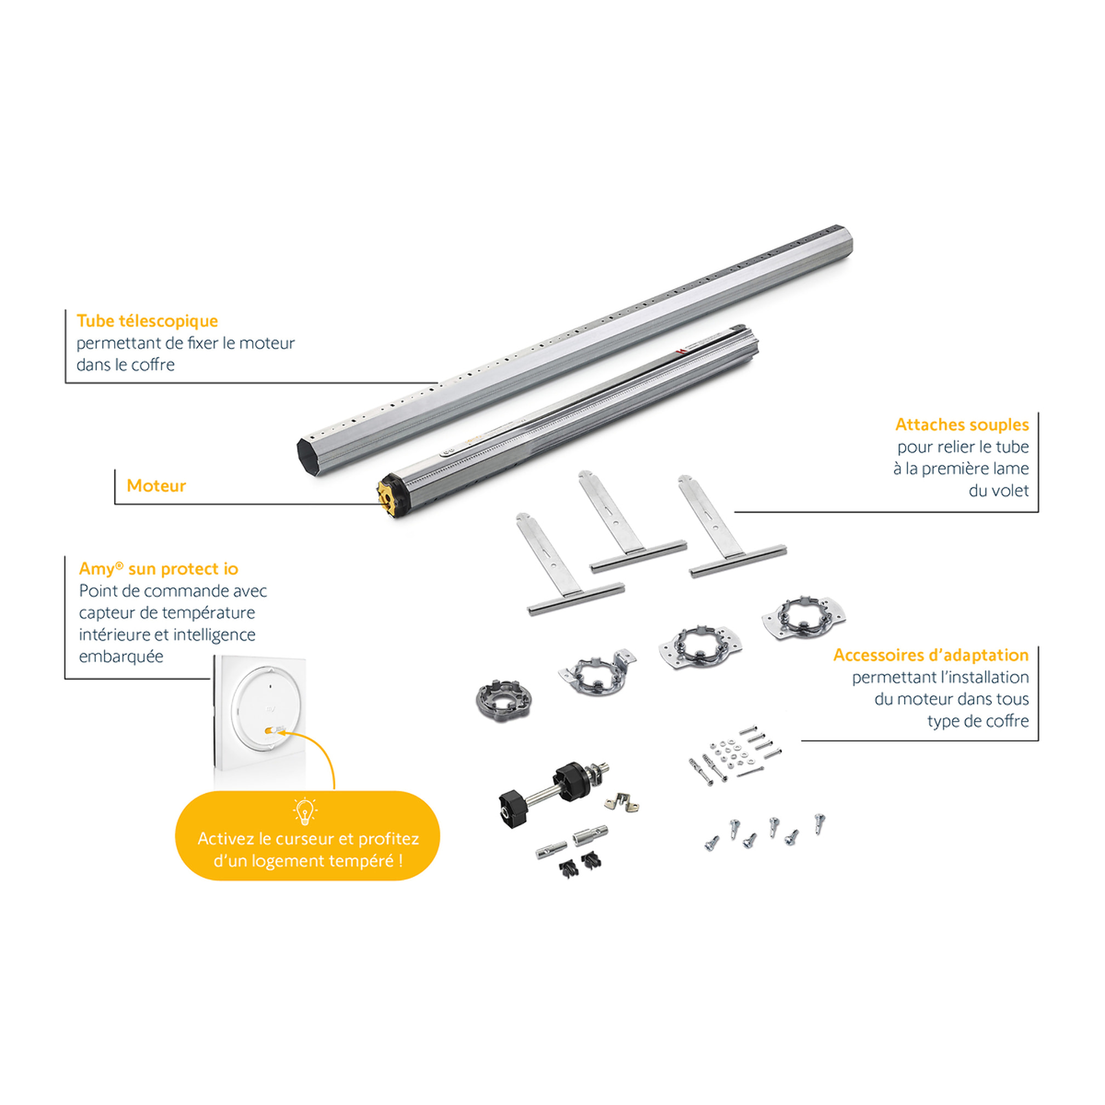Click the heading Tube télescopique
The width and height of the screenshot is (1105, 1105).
147,321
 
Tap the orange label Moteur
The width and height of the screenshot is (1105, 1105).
156,486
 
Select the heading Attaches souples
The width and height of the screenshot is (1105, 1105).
962,424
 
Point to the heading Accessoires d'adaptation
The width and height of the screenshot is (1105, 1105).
931,655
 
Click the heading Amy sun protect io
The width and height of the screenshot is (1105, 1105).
158,568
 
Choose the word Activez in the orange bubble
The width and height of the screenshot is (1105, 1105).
226,839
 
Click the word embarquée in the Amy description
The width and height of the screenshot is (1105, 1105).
121,657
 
